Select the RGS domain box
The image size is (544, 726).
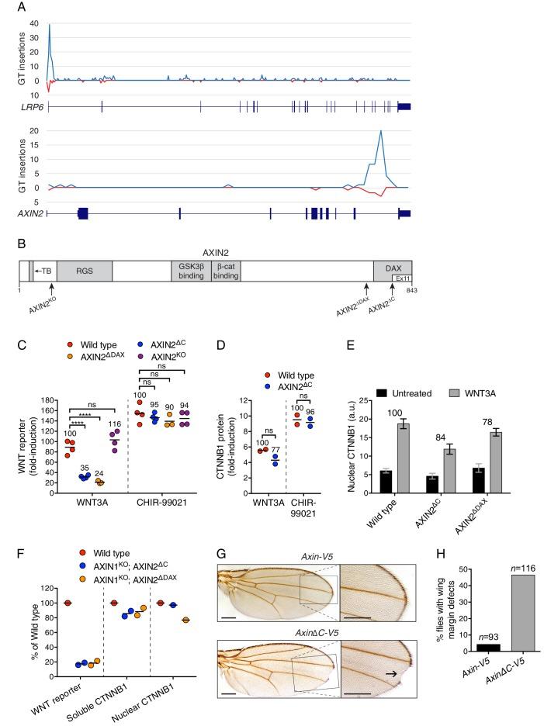click(x=84, y=271)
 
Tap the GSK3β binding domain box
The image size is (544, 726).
click(x=189, y=271)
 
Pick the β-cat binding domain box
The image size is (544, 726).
click(x=227, y=271)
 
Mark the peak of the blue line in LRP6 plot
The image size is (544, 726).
click(x=50, y=24)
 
